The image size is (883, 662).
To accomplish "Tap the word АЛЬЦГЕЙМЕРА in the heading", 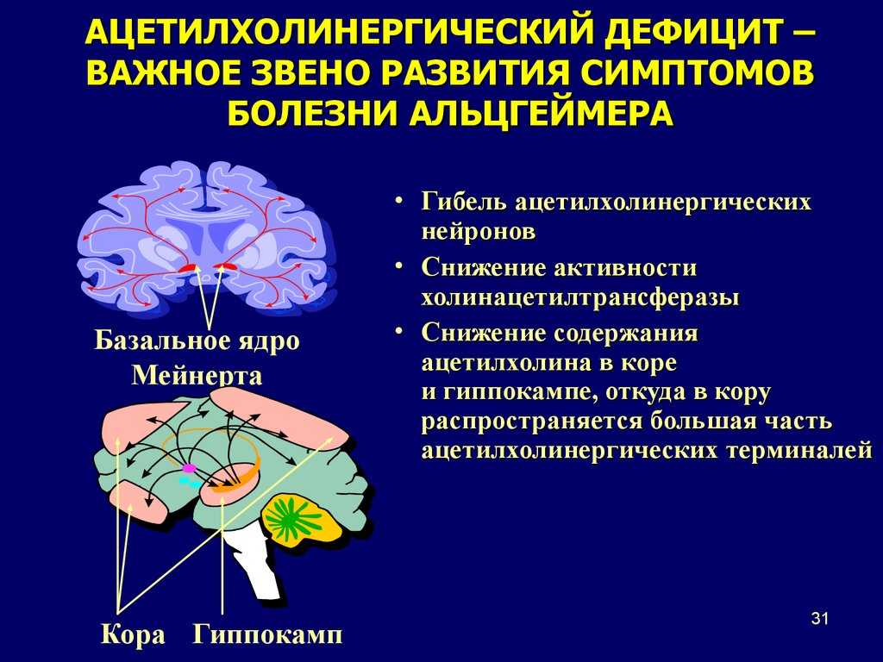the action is point(540,113).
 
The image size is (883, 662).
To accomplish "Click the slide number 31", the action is point(820,619).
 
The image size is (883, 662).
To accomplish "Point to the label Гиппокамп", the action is point(267,635).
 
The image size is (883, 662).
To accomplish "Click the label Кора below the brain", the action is point(133,635).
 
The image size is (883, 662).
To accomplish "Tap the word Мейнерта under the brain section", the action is point(197,376).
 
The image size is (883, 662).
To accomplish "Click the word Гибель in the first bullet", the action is point(463,202).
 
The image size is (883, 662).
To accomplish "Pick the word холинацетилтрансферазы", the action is point(580,297).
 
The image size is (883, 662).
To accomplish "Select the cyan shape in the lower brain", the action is point(190,481).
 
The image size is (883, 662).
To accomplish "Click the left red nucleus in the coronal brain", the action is point(186,269).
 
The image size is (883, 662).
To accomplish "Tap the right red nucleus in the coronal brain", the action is point(226,267).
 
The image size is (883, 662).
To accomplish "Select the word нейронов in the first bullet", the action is point(478,231).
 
